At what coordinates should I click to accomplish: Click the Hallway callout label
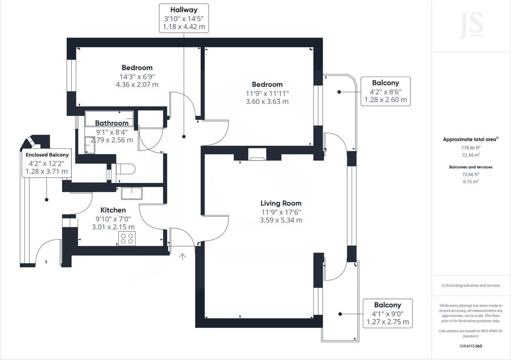coord(184,10)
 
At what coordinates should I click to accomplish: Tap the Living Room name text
coord(281,203)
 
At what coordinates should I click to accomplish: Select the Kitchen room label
coord(113,210)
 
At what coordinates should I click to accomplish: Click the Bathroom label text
coord(112,123)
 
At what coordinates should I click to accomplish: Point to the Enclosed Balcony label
coord(47,155)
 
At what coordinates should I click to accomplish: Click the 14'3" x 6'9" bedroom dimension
coord(137,77)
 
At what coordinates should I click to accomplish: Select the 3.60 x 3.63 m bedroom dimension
coord(267,102)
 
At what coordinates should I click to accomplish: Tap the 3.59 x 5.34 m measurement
coord(281,220)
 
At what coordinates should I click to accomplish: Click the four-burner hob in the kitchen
coord(127,238)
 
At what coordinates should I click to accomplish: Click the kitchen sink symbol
coord(132,193)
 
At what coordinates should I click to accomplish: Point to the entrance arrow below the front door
coord(182,257)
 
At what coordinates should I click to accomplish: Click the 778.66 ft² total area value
coord(471,148)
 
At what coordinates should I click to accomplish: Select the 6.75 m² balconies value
coord(471,182)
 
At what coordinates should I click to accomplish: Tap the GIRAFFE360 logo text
coord(471,346)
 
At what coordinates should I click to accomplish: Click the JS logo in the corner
coord(471,25)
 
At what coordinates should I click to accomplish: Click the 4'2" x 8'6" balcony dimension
coord(386,92)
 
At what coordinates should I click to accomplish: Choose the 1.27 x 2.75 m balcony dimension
coord(388,322)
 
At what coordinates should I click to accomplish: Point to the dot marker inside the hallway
coord(184,137)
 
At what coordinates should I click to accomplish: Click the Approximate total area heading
coord(470,140)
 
